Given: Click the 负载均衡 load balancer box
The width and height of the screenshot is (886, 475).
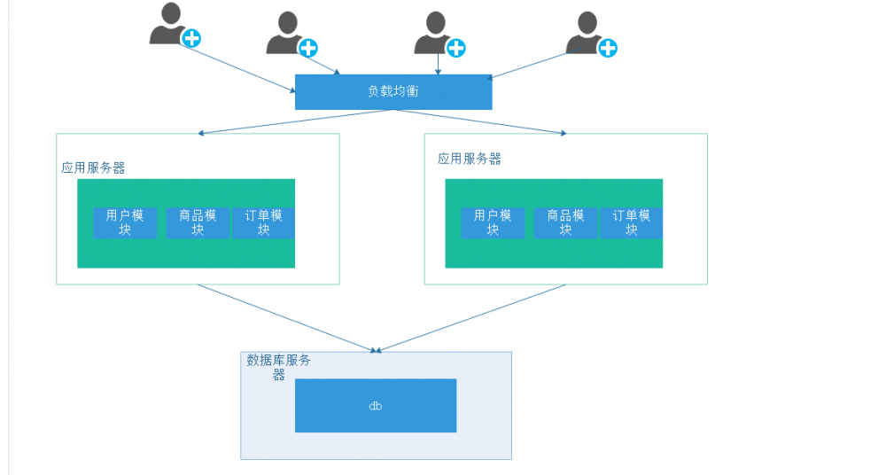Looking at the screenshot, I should pyautogui.click(x=392, y=91).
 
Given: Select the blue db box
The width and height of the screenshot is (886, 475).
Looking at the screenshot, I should pyautogui.click(x=375, y=405).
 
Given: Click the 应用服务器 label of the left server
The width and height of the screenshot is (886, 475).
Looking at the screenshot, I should pyautogui.click(x=93, y=167).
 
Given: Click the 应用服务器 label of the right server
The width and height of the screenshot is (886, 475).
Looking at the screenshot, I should pyautogui.click(x=469, y=159).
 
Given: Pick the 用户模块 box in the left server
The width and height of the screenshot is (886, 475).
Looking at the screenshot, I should pyautogui.click(x=125, y=222).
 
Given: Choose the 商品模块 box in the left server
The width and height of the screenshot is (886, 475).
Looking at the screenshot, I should pyautogui.click(x=198, y=222).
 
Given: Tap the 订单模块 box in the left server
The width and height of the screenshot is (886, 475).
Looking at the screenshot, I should pyautogui.click(x=263, y=222).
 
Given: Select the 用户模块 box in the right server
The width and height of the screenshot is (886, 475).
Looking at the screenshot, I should pyautogui.click(x=493, y=222).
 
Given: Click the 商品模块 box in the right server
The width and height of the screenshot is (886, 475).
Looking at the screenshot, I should pyautogui.click(x=565, y=222).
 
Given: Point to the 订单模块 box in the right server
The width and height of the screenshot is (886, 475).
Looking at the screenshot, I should pyautogui.click(x=631, y=222).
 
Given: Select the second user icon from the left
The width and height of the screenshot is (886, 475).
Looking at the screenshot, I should pyautogui.click(x=284, y=34).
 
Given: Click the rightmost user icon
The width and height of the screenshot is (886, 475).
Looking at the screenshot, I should pyautogui.click(x=585, y=33).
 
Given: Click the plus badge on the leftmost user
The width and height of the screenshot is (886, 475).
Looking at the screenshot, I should pyautogui.click(x=191, y=38).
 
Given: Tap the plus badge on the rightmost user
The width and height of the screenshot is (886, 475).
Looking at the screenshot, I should pyautogui.click(x=608, y=48).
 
